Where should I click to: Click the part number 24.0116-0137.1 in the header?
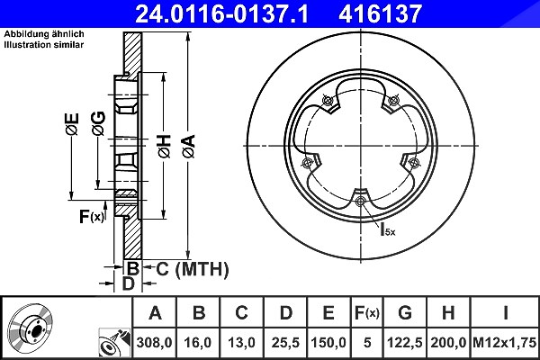tap(221, 13)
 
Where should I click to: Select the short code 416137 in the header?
tap(380, 13)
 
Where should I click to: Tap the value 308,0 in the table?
tap(154, 343)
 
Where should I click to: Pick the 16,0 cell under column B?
tap(198, 343)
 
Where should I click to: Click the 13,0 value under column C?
tap(241, 343)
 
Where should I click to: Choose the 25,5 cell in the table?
tap(285, 343)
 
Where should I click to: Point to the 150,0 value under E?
tap(328, 343)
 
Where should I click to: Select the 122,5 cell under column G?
tap(405, 343)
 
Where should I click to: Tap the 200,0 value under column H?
tap(448, 343)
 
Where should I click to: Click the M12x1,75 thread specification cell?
tap(505, 343)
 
